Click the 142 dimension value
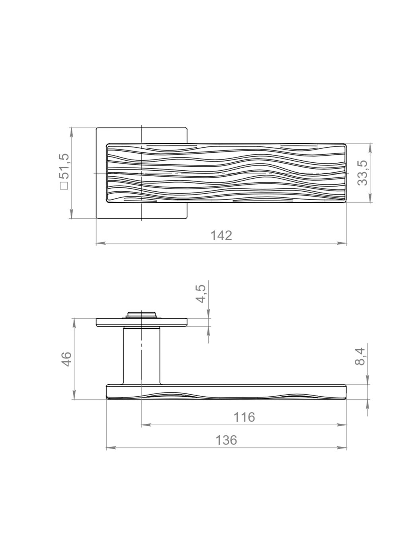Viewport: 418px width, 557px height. coord(222,236)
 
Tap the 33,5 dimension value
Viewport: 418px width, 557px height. coord(361,173)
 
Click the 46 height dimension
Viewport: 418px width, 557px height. coord(67,359)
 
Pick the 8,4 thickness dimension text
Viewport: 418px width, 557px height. coord(360,356)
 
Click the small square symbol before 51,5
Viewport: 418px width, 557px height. coord(64,186)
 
